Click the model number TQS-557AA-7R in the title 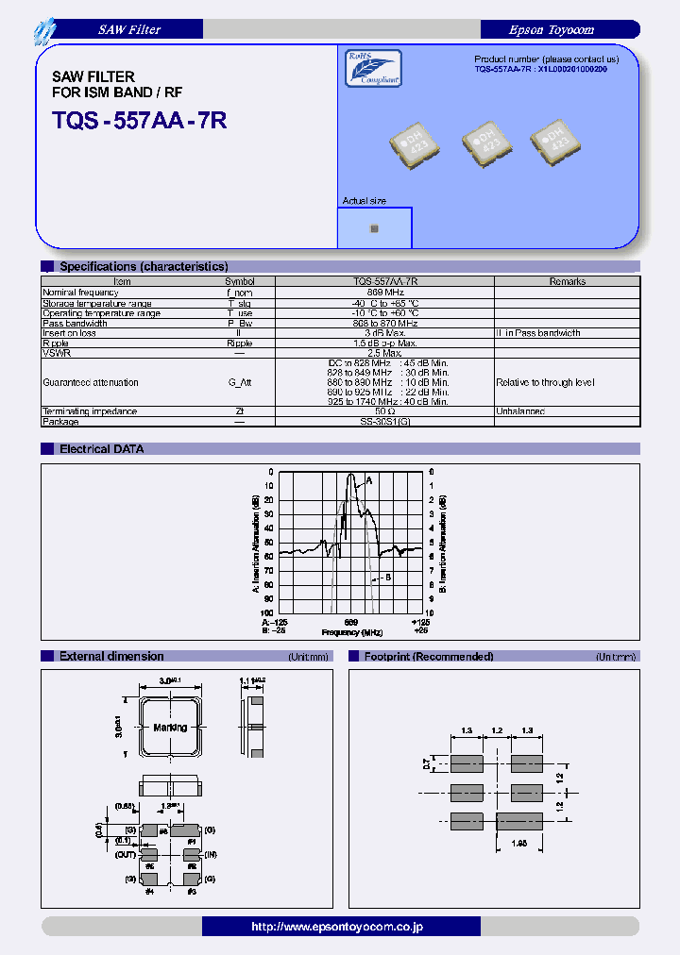[x=139, y=120]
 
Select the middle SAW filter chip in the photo [x=487, y=142]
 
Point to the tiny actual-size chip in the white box [x=374, y=228]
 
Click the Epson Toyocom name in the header [x=551, y=30]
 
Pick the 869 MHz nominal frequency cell [x=385, y=293]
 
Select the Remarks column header [x=567, y=281]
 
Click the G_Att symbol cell [x=240, y=382]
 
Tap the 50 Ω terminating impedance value [x=385, y=411]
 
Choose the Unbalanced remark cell [x=520, y=411]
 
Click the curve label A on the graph [x=368, y=480]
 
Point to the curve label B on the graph [x=387, y=578]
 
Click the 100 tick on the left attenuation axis [x=269, y=612]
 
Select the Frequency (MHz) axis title [x=350, y=632]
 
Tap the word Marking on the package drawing [x=170, y=728]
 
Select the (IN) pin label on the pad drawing [x=211, y=854]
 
